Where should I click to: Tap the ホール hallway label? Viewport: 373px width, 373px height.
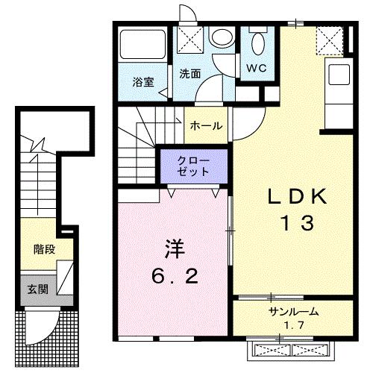[x=206, y=126]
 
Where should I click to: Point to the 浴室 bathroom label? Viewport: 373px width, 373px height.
[x=144, y=82]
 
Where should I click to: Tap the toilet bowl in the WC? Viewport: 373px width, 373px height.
[x=258, y=43]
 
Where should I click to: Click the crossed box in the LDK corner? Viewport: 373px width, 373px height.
[x=328, y=40]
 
